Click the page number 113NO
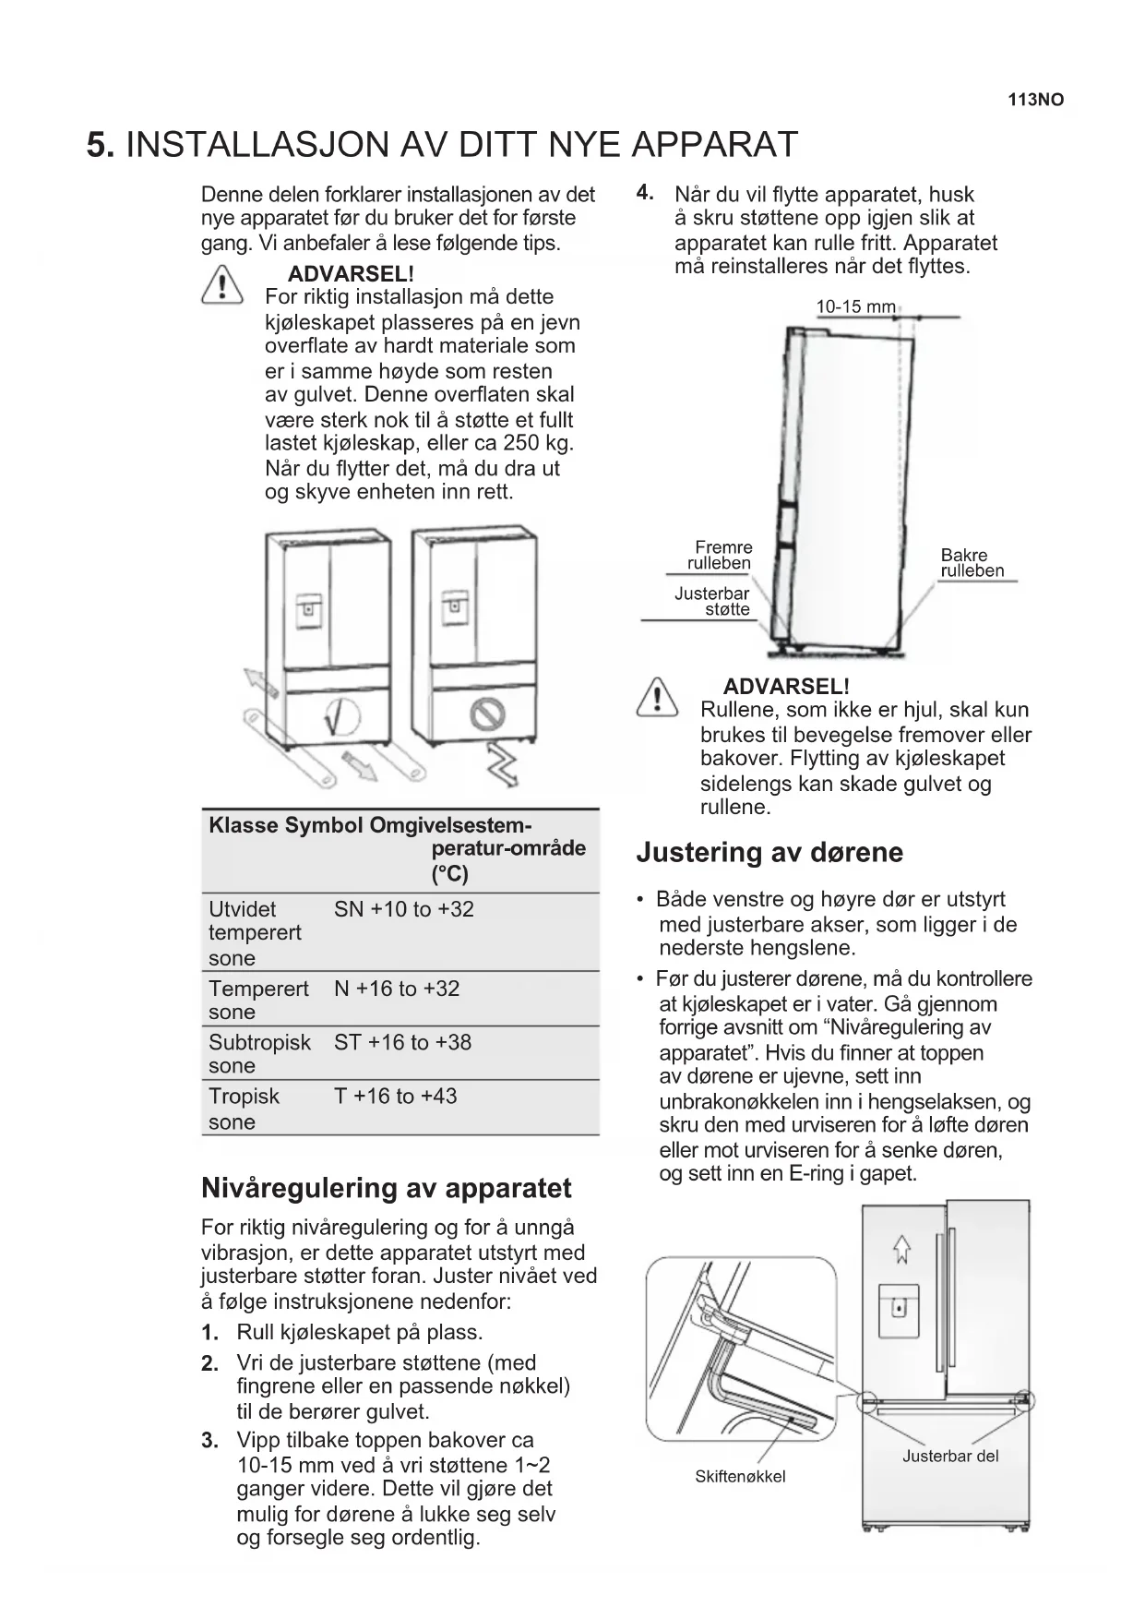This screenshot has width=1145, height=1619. click(1035, 100)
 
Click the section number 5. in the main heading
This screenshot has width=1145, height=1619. click(101, 145)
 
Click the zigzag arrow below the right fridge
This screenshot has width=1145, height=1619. click(502, 763)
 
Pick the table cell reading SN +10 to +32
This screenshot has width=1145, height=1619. click(404, 909)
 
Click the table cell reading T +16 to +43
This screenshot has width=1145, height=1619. click(395, 1097)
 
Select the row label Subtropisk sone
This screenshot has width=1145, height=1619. click(259, 1053)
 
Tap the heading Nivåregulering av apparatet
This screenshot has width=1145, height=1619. click(386, 1188)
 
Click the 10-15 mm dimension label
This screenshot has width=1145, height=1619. click(855, 306)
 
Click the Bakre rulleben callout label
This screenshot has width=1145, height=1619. click(972, 562)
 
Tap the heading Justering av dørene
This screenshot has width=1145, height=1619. click(769, 852)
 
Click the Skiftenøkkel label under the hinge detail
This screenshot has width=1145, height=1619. click(740, 1476)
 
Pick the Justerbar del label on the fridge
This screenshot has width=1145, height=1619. click(950, 1456)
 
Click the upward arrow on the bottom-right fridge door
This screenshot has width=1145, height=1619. click(901, 1249)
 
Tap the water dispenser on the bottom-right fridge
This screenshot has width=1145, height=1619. click(898, 1308)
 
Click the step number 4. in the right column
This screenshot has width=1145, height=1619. click(645, 193)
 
